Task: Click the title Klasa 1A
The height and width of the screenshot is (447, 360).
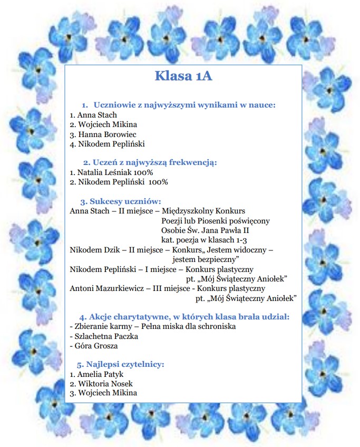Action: (183, 76)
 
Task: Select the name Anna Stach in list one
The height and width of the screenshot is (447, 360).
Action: (97, 115)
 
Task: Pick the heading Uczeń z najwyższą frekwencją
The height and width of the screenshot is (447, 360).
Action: (154, 162)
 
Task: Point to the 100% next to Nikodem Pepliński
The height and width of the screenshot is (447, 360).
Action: (158, 182)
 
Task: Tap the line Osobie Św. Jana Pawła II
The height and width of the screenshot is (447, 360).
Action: (205, 230)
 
